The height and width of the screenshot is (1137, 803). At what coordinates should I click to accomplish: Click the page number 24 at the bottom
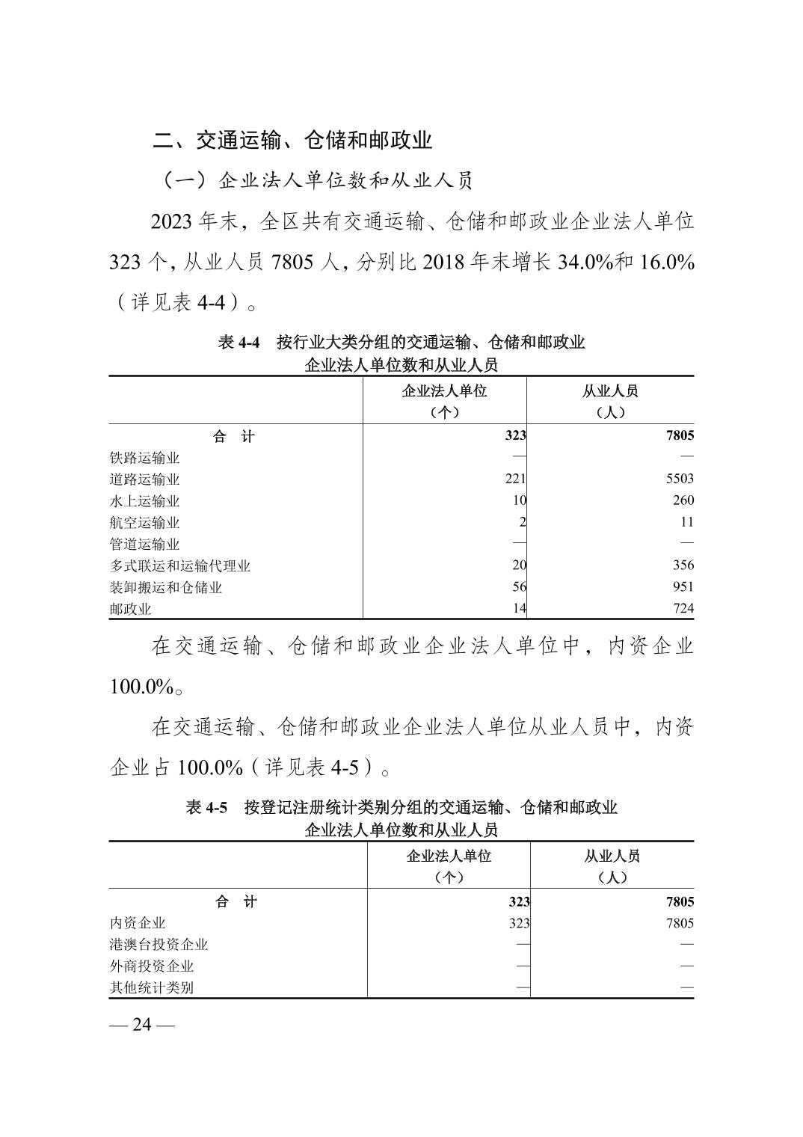[x=142, y=1024]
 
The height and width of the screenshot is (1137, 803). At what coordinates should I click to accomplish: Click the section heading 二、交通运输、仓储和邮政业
[x=292, y=140]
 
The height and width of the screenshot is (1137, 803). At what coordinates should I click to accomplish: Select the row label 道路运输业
[x=145, y=479]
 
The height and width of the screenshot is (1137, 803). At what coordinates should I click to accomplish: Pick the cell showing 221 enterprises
[x=516, y=479]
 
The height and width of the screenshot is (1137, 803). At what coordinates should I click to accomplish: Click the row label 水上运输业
[x=145, y=501]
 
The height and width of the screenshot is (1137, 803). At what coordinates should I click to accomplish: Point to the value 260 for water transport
[x=683, y=500]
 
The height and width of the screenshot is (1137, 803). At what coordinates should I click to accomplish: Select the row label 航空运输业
[x=145, y=523]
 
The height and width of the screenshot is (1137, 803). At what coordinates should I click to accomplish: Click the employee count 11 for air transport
[x=686, y=522]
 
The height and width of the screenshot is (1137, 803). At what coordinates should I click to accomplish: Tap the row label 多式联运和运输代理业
[x=180, y=566]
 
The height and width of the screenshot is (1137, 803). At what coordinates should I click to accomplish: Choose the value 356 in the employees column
[x=683, y=566]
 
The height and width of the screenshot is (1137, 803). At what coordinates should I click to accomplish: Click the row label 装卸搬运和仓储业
[x=166, y=588]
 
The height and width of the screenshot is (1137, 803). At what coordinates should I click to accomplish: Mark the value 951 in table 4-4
[x=683, y=587]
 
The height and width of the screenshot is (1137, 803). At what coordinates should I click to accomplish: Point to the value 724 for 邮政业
[x=683, y=609]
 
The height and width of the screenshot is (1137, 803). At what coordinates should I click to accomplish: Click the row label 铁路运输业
[x=145, y=458]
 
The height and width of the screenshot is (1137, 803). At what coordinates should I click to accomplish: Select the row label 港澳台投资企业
[x=159, y=945]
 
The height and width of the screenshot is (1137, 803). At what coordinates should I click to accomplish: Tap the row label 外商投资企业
[x=152, y=966]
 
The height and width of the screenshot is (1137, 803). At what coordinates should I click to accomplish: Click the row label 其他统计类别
[x=152, y=987]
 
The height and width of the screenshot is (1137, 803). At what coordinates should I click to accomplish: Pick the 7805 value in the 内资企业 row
[x=680, y=923]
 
